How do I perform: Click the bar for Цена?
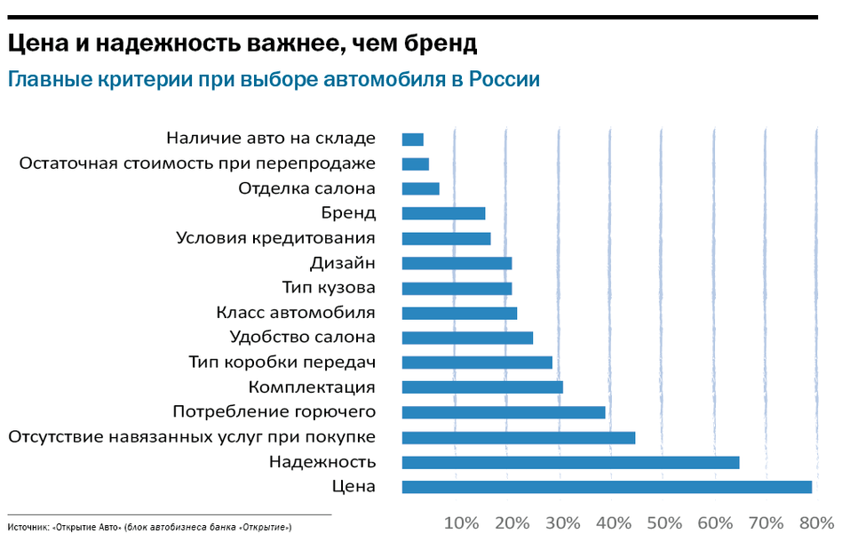(x=607, y=487)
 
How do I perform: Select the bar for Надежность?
(x=570, y=462)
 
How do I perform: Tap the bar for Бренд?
(x=443, y=213)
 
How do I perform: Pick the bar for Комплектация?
(x=482, y=387)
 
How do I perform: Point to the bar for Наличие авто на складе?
(x=412, y=139)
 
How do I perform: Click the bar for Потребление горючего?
(x=503, y=412)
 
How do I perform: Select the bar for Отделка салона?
(x=420, y=188)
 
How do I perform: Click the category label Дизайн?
(x=342, y=263)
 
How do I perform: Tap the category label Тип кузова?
(x=329, y=288)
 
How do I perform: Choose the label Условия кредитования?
(x=275, y=238)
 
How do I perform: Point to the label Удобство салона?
(x=302, y=338)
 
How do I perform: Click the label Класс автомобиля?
(x=296, y=313)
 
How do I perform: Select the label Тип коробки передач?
(x=282, y=363)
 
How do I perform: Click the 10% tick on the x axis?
(x=461, y=522)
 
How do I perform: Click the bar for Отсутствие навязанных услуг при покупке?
(x=519, y=437)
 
